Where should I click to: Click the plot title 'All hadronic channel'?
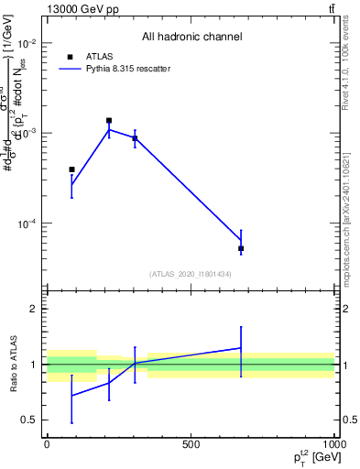click(x=191, y=37)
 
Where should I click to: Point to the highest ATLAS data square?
click(x=109, y=120)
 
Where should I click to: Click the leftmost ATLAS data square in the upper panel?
click(x=71, y=169)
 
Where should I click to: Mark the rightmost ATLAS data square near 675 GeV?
click(x=241, y=248)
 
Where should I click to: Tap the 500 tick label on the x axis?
click(x=191, y=443)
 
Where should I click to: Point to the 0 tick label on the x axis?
click(x=47, y=443)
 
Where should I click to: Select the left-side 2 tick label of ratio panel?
click(x=32, y=309)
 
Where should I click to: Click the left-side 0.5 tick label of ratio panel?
click(x=28, y=420)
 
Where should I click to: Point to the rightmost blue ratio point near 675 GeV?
click(x=241, y=348)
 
